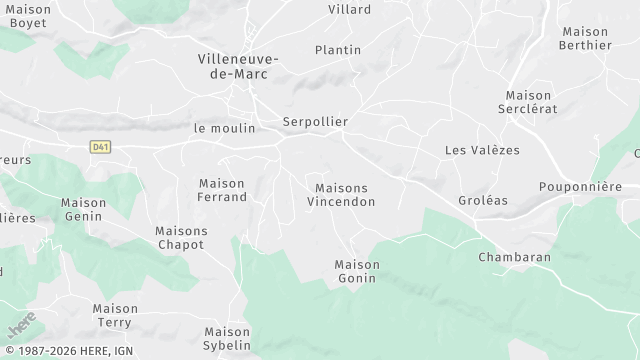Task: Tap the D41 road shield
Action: (100, 147)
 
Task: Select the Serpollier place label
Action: (315, 122)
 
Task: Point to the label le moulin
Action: (225, 128)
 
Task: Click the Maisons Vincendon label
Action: (341, 195)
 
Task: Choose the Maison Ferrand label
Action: (222, 190)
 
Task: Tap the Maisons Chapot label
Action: (181, 237)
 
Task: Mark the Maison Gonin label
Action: (357, 271)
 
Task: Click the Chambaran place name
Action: (514, 257)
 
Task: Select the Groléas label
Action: (485, 200)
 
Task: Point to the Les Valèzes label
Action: (482, 150)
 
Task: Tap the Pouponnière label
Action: (580, 186)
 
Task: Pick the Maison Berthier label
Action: (586, 38)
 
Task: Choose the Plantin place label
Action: (338, 50)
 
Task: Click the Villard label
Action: (349, 10)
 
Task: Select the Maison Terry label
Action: (115, 315)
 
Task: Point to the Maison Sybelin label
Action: (227, 338)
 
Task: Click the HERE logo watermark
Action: (20, 325)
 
